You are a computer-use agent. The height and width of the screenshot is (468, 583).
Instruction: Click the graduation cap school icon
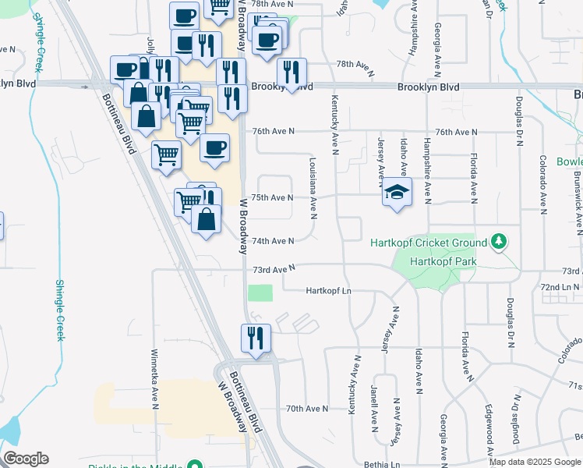pos(397,192)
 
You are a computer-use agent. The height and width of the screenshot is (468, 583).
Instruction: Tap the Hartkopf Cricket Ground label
pos(429,243)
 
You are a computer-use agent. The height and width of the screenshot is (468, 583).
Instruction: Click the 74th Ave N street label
pos(273,242)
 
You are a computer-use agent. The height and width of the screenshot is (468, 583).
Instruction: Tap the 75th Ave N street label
pos(273,198)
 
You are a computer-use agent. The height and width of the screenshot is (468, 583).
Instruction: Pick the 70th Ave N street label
pos(306,408)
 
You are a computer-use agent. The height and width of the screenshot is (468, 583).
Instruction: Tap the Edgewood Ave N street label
pos(489,427)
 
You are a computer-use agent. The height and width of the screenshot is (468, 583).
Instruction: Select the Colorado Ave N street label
pos(543,183)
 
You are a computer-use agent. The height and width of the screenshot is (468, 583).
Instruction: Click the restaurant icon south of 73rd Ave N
pos(256,339)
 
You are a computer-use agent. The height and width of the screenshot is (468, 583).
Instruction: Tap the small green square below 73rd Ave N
pos(260,293)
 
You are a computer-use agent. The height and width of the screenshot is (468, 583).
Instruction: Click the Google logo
pos(26,459)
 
